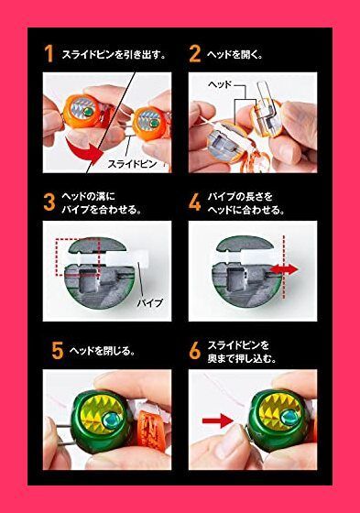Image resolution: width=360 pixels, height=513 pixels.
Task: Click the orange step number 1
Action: click(49, 54)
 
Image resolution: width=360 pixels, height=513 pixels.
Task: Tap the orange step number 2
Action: click(194, 54)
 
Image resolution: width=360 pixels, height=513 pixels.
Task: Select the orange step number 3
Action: click(49, 202)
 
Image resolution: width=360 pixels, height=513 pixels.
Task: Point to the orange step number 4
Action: click(194, 202)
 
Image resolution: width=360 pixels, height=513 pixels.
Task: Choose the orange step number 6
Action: click(194, 350)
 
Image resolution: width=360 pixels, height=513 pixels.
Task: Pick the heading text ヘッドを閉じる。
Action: click(95, 350)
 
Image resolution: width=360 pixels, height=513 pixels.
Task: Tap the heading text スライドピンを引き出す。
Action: click(113, 55)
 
